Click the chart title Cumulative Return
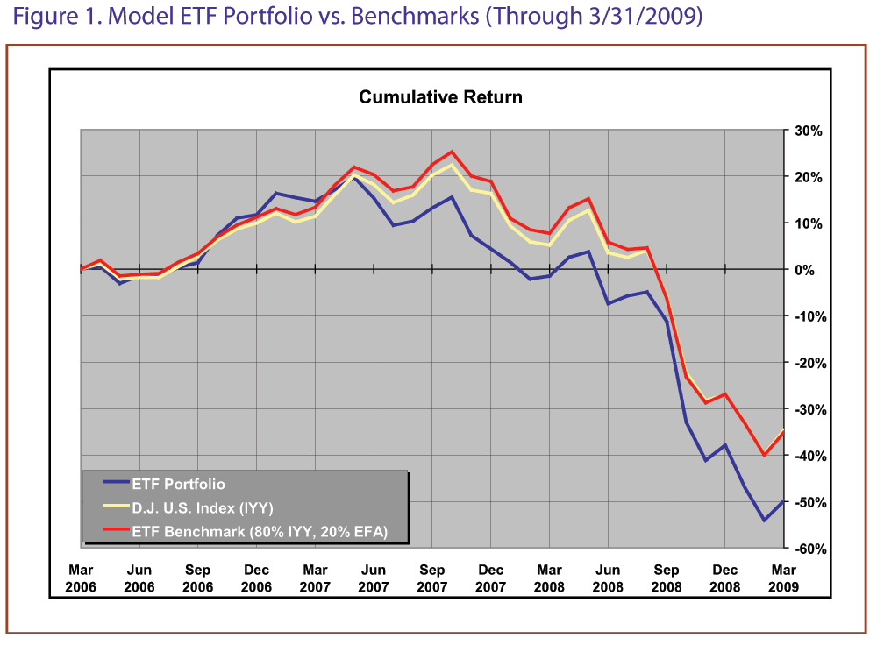(440, 96)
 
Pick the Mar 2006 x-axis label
(81, 578)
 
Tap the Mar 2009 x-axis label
(783, 578)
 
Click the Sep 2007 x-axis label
(431, 578)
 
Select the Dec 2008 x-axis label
(724, 578)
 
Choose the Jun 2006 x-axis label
(139, 578)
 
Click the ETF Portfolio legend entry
(178, 484)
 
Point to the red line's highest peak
(452, 152)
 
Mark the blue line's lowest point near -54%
(764, 521)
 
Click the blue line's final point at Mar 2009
(783, 500)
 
